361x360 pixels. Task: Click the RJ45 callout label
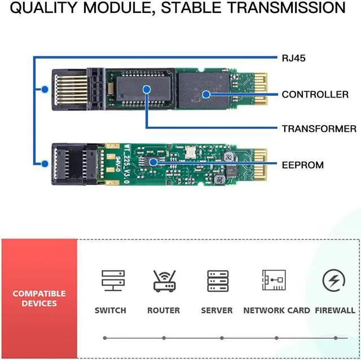click(293, 57)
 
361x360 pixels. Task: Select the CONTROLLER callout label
click(315, 94)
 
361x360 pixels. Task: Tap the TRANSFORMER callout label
click(319, 129)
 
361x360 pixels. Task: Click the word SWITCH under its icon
click(111, 310)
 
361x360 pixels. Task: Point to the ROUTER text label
click(164, 310)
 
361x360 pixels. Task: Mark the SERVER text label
click(217, 310)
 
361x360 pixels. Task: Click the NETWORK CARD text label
click(276, 310)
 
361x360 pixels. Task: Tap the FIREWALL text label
click(335, 310)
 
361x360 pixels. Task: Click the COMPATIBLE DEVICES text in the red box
click(39, 299)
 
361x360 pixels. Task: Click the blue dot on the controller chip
click(206, 94)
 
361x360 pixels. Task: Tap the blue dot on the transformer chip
click(147, 88)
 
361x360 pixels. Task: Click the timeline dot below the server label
click(222, 338)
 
